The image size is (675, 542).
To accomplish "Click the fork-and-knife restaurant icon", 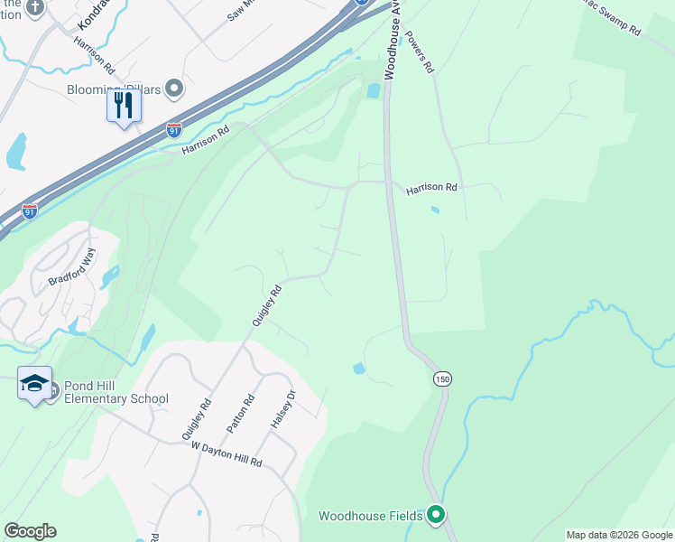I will point(124,106).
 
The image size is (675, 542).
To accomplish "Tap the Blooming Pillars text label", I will point(115,89).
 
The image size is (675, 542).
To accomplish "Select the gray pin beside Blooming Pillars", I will point(175,89).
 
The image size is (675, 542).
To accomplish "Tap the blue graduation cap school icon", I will point(35,384).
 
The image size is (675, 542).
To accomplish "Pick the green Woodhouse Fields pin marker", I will point(436,515).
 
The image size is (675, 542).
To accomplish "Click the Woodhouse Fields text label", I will point(371,516).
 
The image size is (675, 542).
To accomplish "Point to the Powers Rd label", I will point(421,52).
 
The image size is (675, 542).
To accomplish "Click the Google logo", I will point(30,531).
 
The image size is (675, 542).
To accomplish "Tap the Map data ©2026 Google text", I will point(619,535).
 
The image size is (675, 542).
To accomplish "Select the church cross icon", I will point(35,7).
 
